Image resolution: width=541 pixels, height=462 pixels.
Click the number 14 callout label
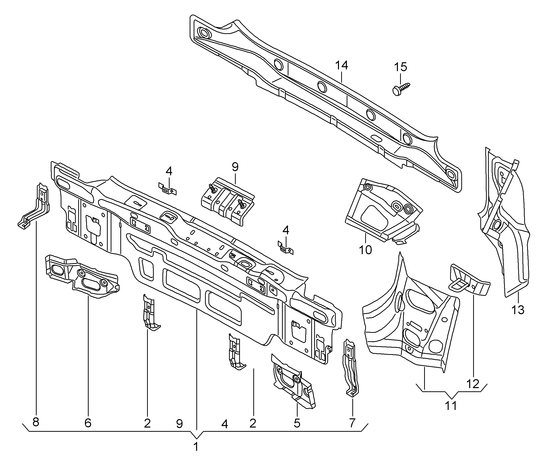pos(341,65)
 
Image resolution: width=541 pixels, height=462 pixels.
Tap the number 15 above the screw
pos(400,67)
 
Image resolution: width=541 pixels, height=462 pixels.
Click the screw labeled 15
pos(401,89)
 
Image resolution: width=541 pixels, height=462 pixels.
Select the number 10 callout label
pos(365,250)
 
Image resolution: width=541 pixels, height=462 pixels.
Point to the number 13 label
pos(518,310)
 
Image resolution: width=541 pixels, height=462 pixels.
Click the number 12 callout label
pos(473,384)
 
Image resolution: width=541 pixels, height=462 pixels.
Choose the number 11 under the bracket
pos(451,406)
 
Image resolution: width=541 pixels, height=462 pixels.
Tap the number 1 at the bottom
pos(196,447)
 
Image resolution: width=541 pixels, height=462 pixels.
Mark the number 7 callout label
pos(352,423)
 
